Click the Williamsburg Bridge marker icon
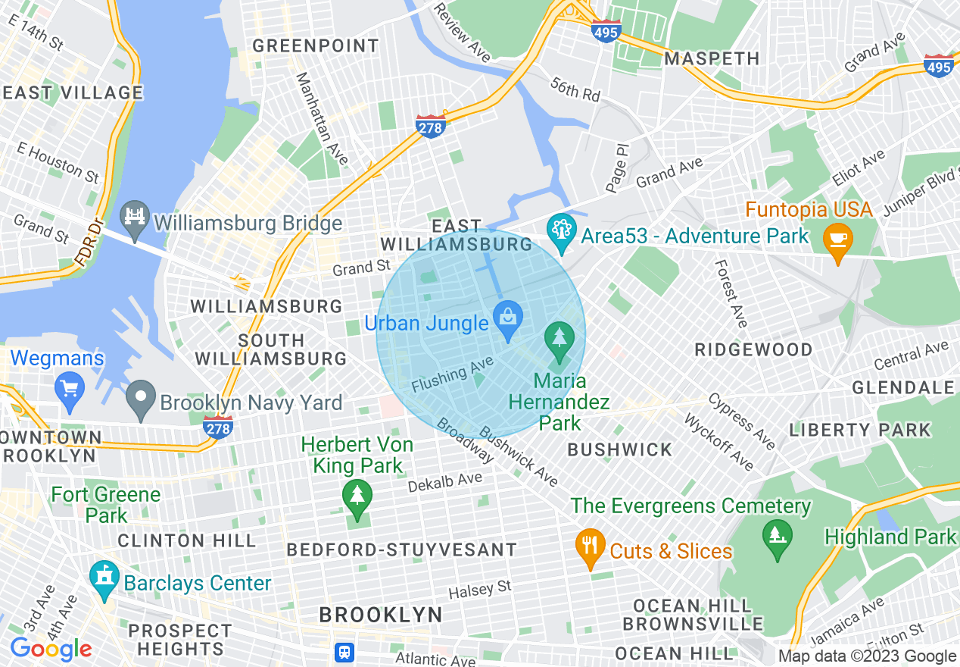pyautogui.click(x=136, y=222)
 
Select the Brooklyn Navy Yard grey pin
pyautogui.click(x=140, y=400)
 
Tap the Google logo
pyautogui.click(x=51, y=649)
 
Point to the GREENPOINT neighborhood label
pyautogui.click(x=315, y=46)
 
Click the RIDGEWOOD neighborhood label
pyautogui.click(x=753, y=350)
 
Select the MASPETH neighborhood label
pyautogui.click(x=712, y=58)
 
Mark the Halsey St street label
pyautogui.click(x=480, y=589)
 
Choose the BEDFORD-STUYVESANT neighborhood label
pyautogui.click(x=401, y=550)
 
